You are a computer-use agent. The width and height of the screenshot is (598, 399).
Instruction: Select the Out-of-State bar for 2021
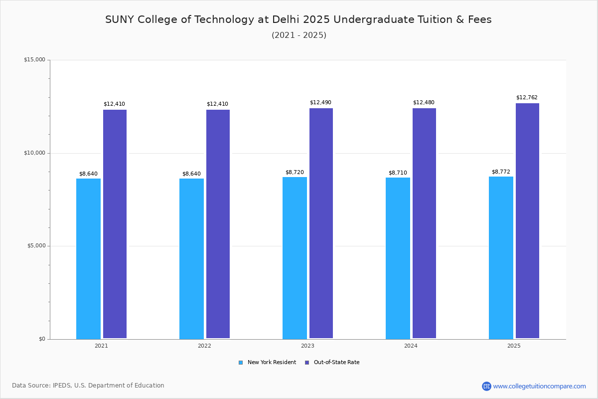(x=115, y=224)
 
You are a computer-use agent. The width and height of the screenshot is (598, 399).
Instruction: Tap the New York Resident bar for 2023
(x=295, y=258)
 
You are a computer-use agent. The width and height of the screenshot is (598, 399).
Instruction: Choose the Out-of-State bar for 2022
(x=218, y=224)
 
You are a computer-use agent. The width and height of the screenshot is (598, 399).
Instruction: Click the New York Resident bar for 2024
(x=398, y=258)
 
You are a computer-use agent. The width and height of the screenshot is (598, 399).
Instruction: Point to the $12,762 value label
(x=527, y=98)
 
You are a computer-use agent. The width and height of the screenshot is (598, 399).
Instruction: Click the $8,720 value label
(x=295, y=172)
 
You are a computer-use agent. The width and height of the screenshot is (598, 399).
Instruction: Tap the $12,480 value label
(x=424, y=103)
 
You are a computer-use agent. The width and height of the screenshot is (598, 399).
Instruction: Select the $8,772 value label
(x=501, y=172)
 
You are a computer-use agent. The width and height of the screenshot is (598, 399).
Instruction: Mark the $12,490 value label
(x=320, y=103)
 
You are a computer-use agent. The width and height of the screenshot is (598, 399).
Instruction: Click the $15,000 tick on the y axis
(x=34, y=60)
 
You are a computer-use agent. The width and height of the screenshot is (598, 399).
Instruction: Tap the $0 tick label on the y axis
(x=41, y=339)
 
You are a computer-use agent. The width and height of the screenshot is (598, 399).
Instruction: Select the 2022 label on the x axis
(x=204, y=346)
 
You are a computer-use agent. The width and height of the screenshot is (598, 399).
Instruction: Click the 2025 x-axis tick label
(x=514, y=346)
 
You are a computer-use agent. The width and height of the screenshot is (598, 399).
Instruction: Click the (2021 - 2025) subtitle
(x=299, y=35)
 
